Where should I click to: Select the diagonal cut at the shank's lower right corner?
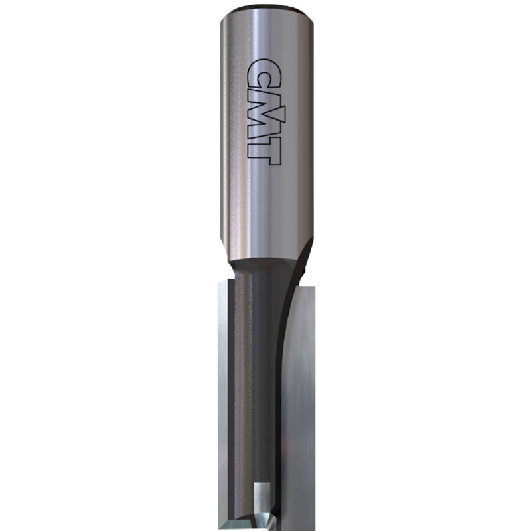coord(302,256)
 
